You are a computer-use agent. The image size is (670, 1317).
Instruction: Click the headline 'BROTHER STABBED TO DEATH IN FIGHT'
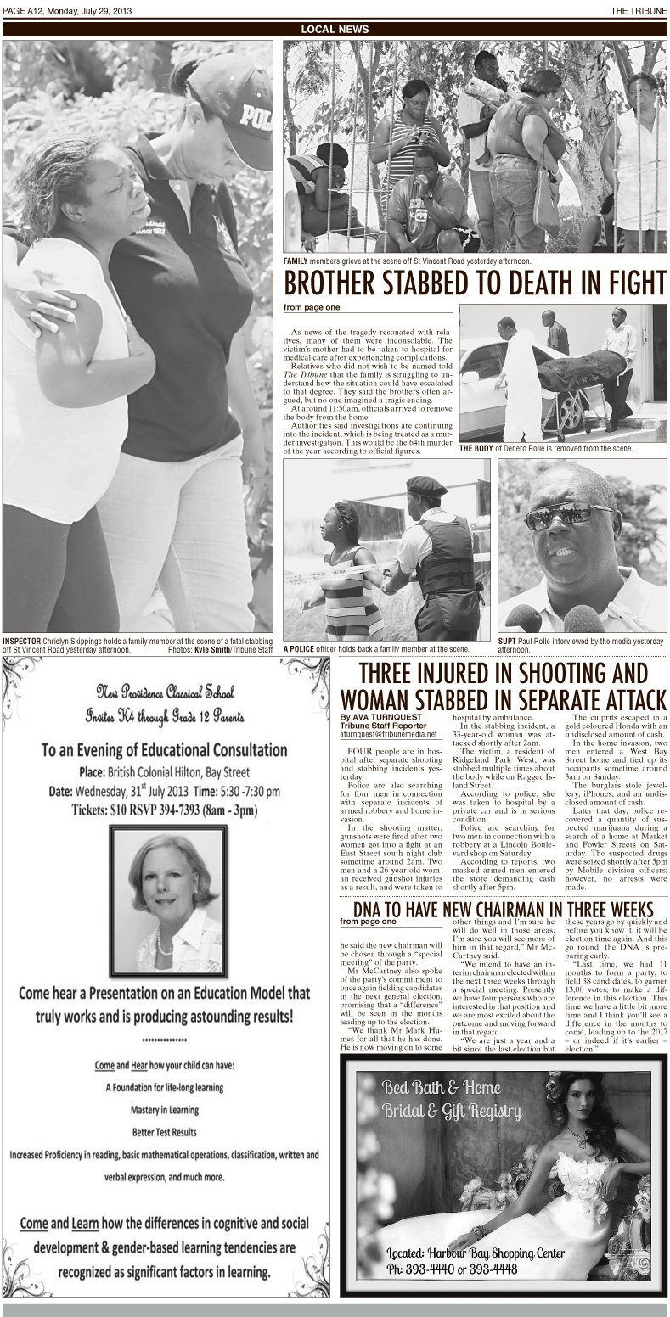[x=475, y=282]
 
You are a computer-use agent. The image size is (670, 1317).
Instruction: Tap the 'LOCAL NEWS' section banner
[x=335, y=29]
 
